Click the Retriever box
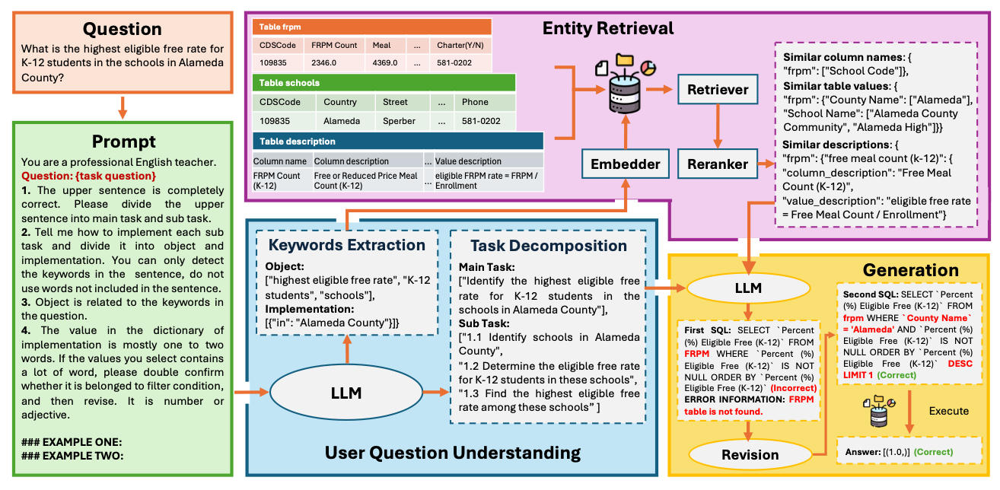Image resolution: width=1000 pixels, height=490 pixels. point(718,90)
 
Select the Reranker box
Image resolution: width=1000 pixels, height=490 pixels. point(718,163)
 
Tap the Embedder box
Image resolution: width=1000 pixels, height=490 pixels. point(624,163)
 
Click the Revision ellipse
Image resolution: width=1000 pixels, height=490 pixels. point(750,454)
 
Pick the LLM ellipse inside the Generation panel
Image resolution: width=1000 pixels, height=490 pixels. point(750,288)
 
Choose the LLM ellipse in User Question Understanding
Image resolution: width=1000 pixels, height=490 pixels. point(346,393)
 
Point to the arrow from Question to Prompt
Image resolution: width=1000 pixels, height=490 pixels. point(123,106)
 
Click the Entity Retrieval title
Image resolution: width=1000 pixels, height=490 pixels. point(607,29)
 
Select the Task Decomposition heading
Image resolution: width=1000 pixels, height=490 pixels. point(548,245)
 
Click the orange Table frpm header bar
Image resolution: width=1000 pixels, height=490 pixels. point(372,26)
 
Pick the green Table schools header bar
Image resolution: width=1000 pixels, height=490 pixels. point(384,82)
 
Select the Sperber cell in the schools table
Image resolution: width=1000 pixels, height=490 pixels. point(400,121)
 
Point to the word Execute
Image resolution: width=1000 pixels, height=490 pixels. point(948,411)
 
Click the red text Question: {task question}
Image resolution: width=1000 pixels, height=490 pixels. point(89,176)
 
